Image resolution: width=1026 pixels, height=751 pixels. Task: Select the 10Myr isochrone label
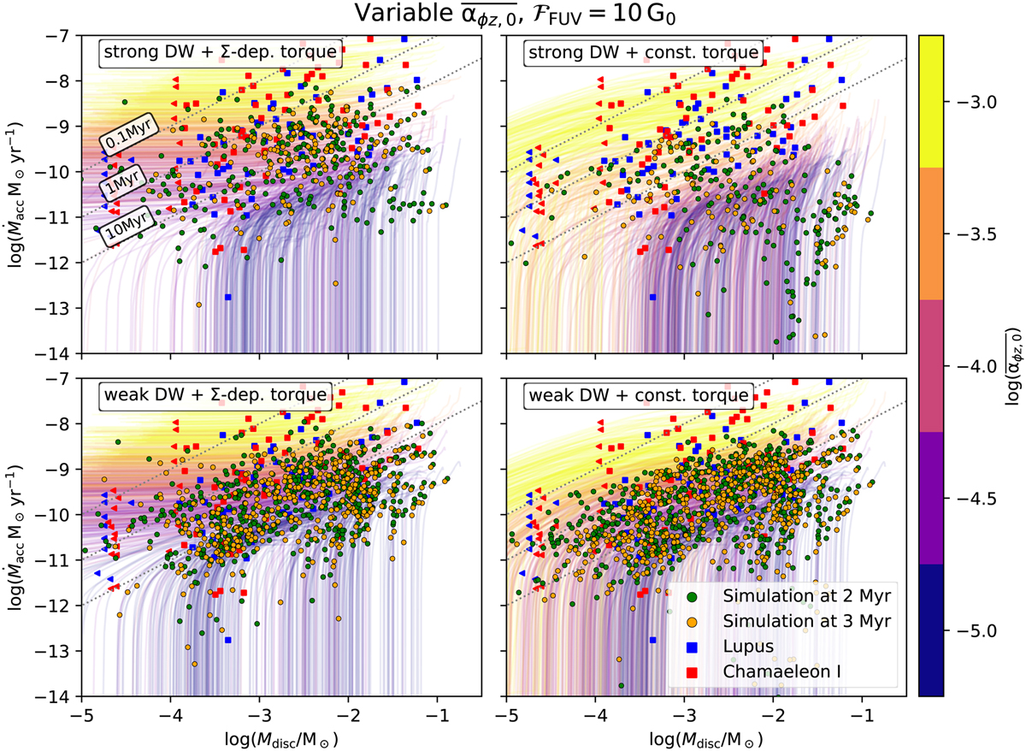[124, 227]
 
